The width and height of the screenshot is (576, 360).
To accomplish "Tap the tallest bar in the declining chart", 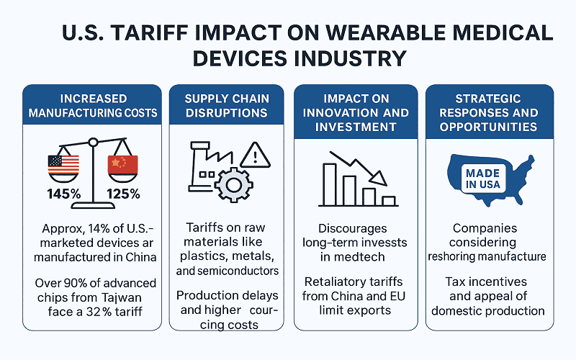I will pyautogui.click(x=330, y=184).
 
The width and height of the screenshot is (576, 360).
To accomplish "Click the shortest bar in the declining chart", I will pyautogui.click(x=390, y=201).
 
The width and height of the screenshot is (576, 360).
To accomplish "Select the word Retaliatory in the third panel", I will pyautogui.click(x=330, y=281).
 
